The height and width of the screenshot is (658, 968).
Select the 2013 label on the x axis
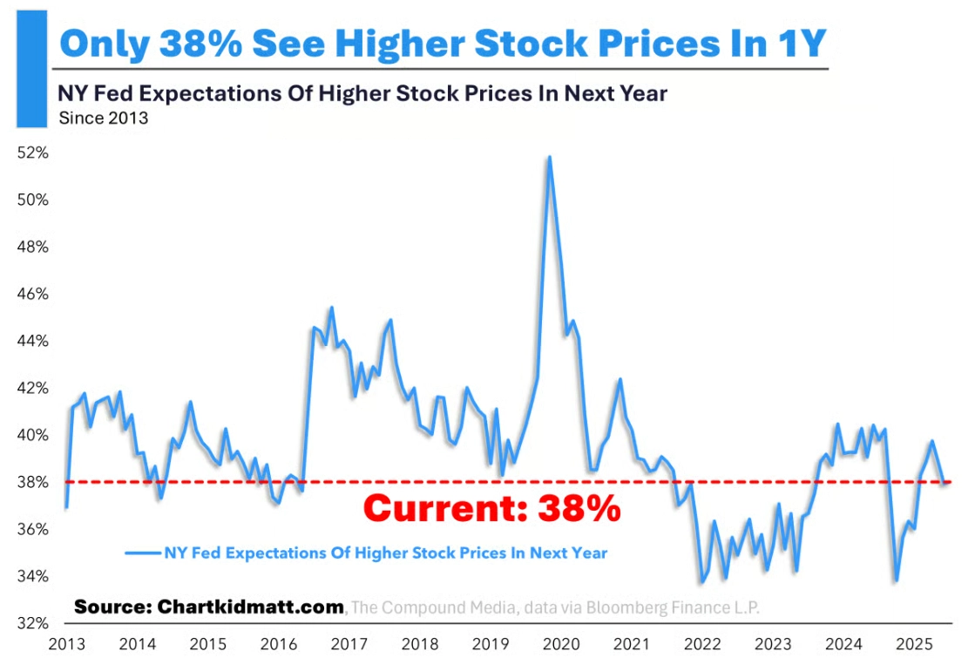(65, 644)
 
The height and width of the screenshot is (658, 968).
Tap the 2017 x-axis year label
(349, 644)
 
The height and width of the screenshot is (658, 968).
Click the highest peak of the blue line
(549, 158)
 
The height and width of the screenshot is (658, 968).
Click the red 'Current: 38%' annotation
(491, 507)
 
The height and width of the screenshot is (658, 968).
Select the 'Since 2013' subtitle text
(103, 119)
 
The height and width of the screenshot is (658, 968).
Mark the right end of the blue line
(946, 482)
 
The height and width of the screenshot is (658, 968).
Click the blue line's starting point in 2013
(66, 506)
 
